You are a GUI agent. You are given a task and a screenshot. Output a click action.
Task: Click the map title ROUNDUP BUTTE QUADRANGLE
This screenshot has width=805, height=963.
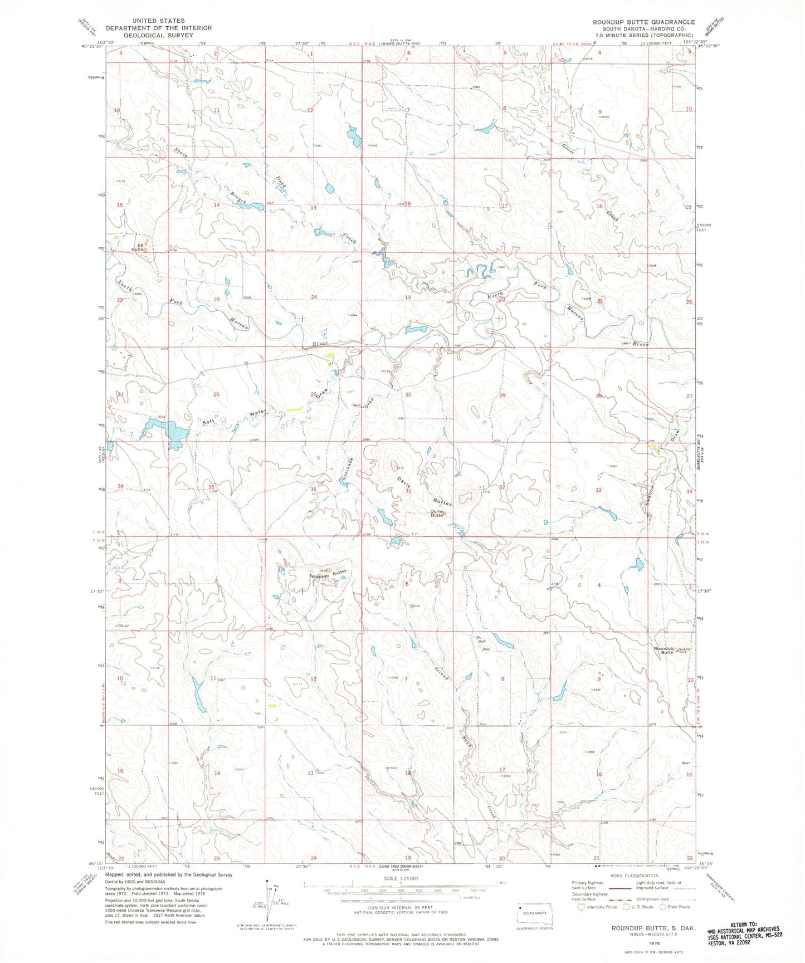(643, 22)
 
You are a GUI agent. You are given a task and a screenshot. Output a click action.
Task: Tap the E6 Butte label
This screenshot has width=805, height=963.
(138, 247)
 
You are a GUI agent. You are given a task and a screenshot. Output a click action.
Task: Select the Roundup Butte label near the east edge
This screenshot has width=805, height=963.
(663, 650)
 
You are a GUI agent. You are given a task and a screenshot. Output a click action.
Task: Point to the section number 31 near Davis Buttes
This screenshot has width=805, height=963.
(408, 491)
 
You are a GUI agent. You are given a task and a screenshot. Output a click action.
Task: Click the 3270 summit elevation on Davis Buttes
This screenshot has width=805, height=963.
(399, 467)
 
